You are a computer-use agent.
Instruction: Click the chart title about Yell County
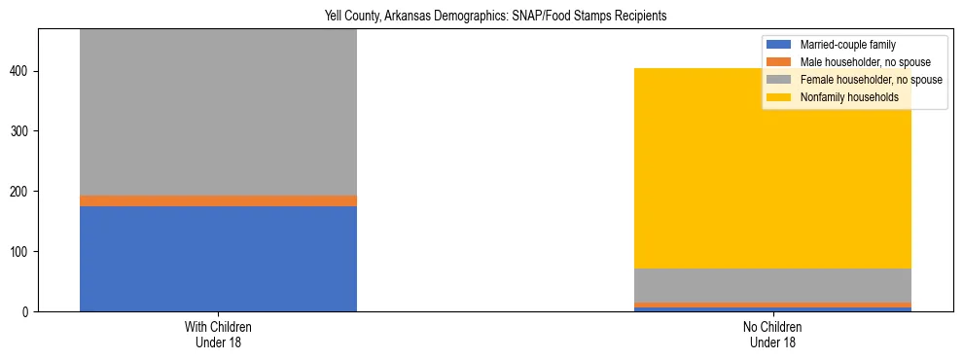coord(481,17)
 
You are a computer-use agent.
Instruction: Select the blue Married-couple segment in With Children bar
coord(218,259)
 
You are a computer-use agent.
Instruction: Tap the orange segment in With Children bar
coord(218,200)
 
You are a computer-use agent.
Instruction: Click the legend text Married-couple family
coord(846,45)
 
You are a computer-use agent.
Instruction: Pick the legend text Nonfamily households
coord(848,97)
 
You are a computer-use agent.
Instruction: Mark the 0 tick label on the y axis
coord(28,312)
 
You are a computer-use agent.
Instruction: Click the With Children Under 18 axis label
coord(218,335)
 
